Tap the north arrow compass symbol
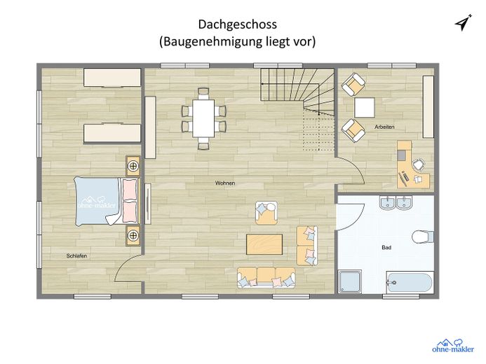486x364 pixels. [461, 23]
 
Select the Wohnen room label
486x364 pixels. [224, 183]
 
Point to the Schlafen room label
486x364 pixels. [76, 256]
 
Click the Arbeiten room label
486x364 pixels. [385, 127]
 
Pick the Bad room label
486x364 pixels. [386, 248]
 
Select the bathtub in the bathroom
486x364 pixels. [410, 283]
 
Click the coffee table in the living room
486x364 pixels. [265, 245]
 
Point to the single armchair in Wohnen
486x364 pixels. [266, 211]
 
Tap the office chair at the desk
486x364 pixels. [418, 165]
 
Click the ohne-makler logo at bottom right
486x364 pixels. [447, 344]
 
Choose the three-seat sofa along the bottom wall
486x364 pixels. [266, 277]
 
